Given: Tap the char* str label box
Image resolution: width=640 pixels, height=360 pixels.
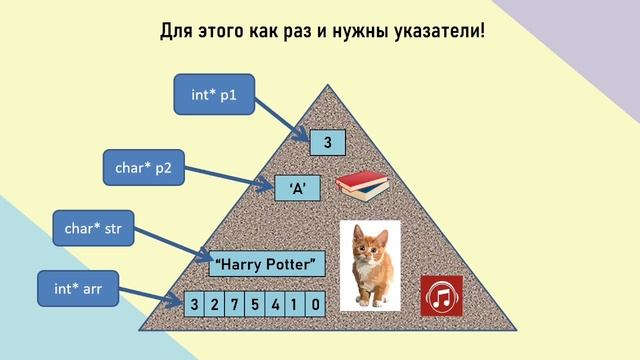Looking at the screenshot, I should click(93, 230).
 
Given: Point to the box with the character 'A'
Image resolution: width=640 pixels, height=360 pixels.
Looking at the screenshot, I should click(297, 186).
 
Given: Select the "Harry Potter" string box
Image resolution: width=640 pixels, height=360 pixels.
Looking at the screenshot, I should click(268, 264).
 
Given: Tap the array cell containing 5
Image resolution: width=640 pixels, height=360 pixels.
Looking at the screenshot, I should click(256, 303).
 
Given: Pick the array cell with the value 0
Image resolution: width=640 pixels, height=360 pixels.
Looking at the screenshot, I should click(316, 303).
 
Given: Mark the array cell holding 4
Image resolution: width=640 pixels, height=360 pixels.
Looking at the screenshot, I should click(276, 303).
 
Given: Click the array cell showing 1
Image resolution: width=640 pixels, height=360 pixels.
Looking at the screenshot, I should click(296, 303).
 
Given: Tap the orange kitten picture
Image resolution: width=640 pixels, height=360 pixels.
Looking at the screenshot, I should click(370, 264).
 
